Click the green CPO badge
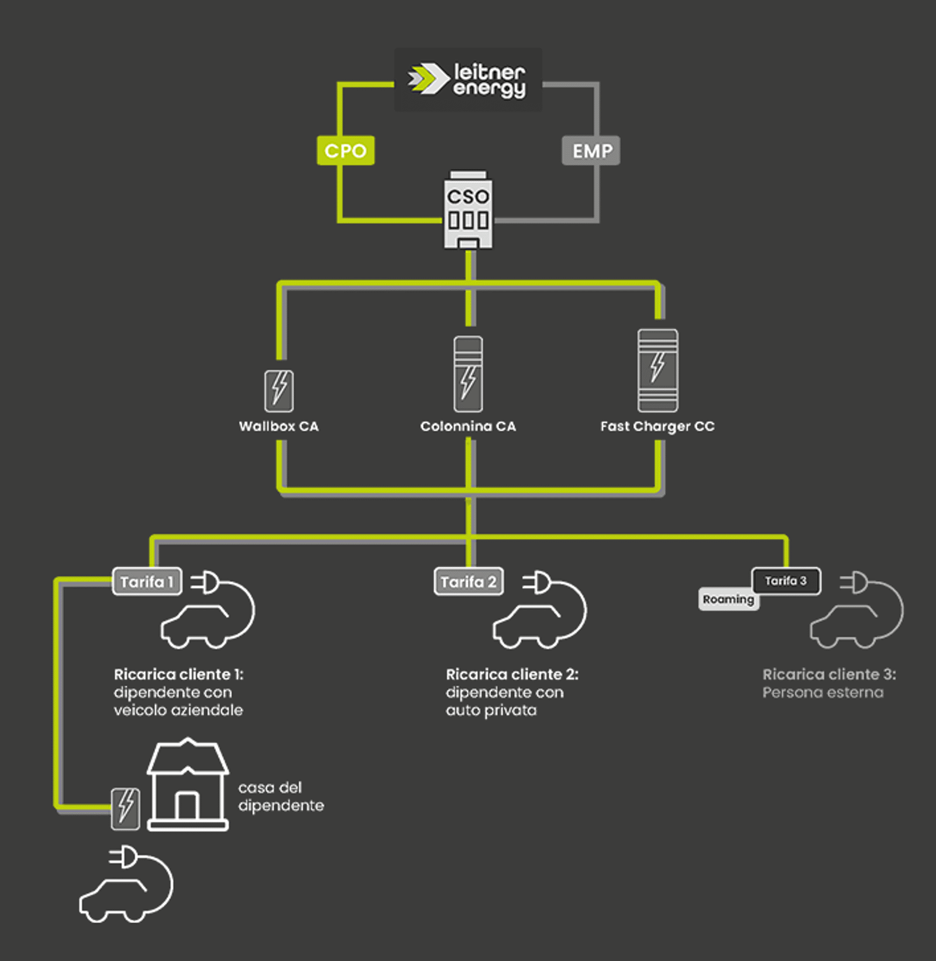pos(345,150)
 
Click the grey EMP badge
pos(591,151)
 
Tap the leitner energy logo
pos(467,80)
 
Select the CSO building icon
pos(468,211)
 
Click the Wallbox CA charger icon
pos(279,390)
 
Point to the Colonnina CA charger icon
pos(468,374)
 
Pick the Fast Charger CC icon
pos(658,371)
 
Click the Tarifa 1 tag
pos(147,581)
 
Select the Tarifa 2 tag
pos(469,581)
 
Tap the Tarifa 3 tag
pos(786,581)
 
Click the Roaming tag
pos(728,600)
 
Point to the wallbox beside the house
pos(126,808)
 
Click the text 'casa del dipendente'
pos(281,796)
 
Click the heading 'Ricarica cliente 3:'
pos(829,674)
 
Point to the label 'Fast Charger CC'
pos(658,426)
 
